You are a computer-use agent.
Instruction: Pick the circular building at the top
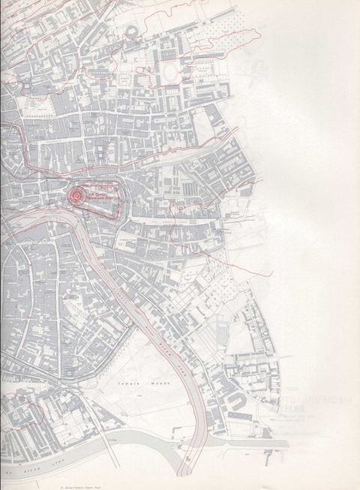[133, 32]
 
